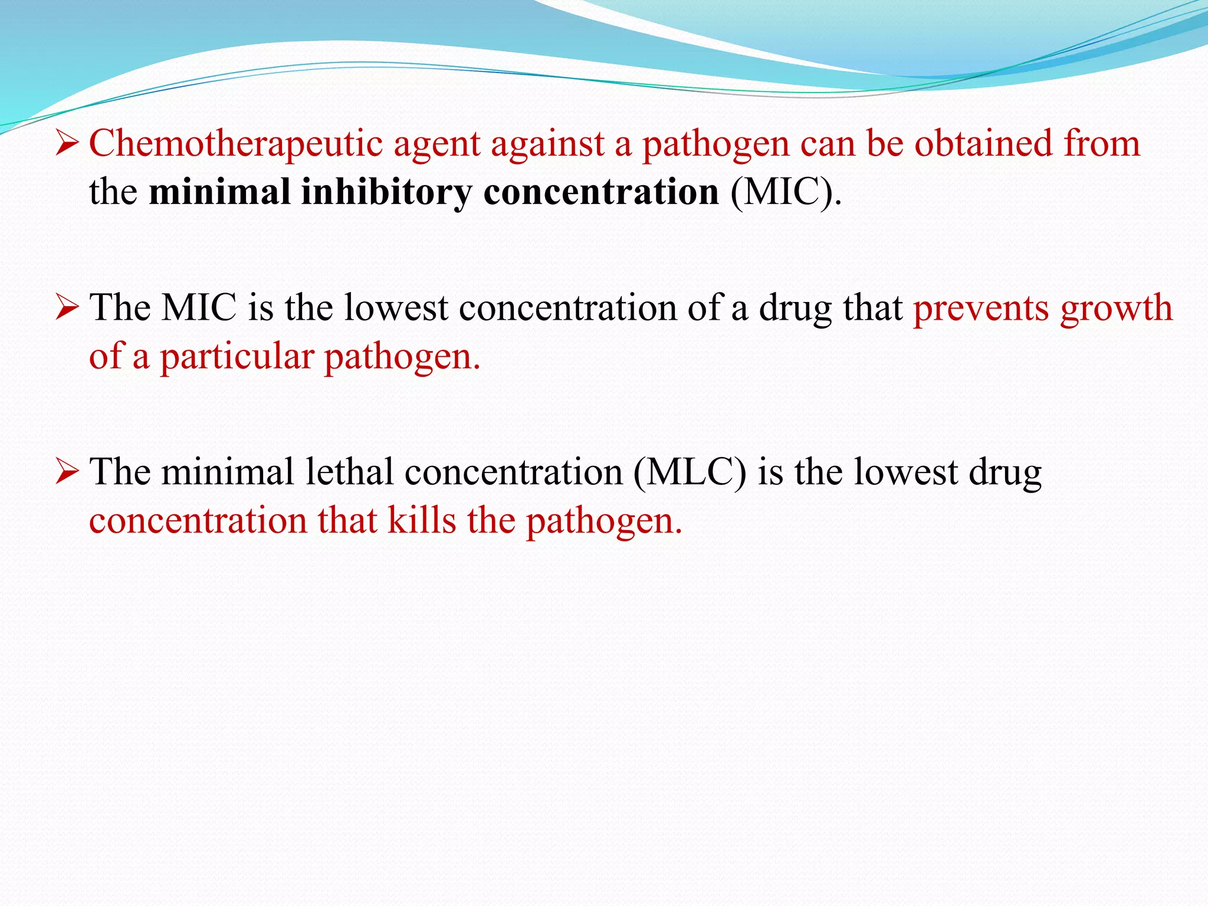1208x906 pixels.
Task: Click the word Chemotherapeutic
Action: point(235,144)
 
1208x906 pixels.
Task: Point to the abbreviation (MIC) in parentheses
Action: point(785,192)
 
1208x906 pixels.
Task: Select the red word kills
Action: point(422,520)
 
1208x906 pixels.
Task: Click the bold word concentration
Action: point(601,192)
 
